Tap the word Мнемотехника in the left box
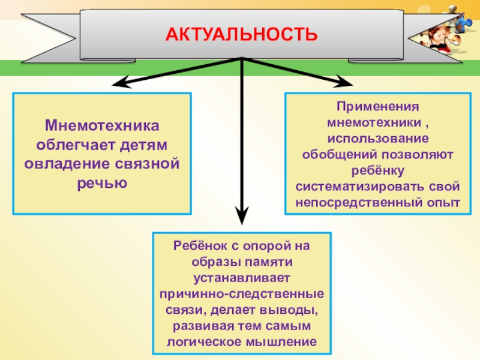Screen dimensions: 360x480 pyautogui.click(x=102, y=128)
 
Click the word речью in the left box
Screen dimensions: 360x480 pyautogui.click(x=102, y=182)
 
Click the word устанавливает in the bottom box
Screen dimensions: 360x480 pyautogui.click(x=241, y=278)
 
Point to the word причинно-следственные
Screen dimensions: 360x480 pyautogui.click(x=241, y=295)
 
